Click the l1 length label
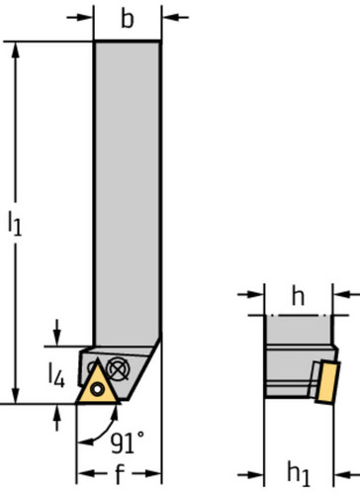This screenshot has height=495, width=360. [15, 224]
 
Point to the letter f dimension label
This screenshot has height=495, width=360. [120, 475]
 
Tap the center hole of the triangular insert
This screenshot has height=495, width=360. [99, 387]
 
